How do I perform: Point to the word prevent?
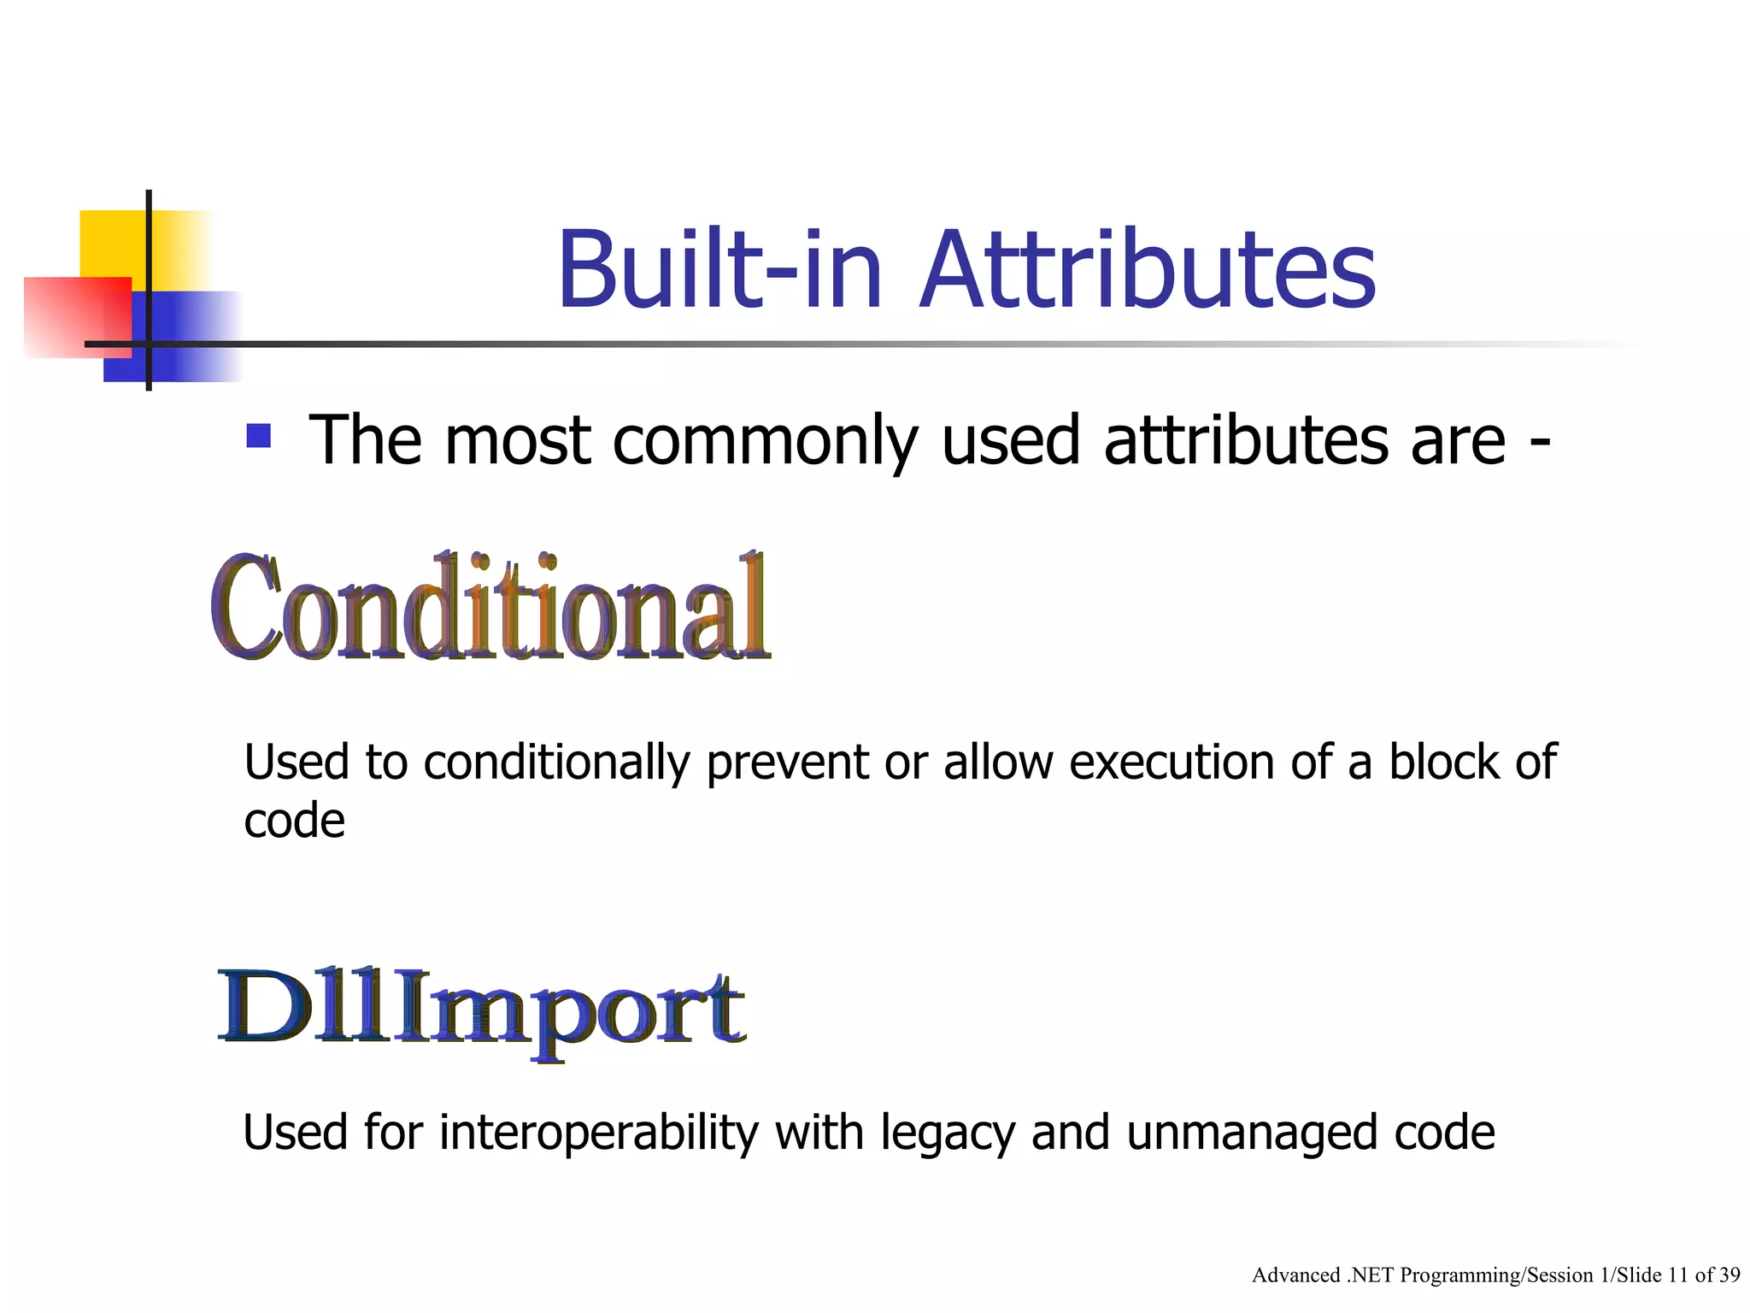point(787,762)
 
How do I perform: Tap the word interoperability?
point(598,1133)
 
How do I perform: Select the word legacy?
point(948,1134)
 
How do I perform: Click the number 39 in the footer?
point(1729,1275)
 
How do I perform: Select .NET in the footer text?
point(1370,1275)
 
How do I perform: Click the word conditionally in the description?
point(556,762)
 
